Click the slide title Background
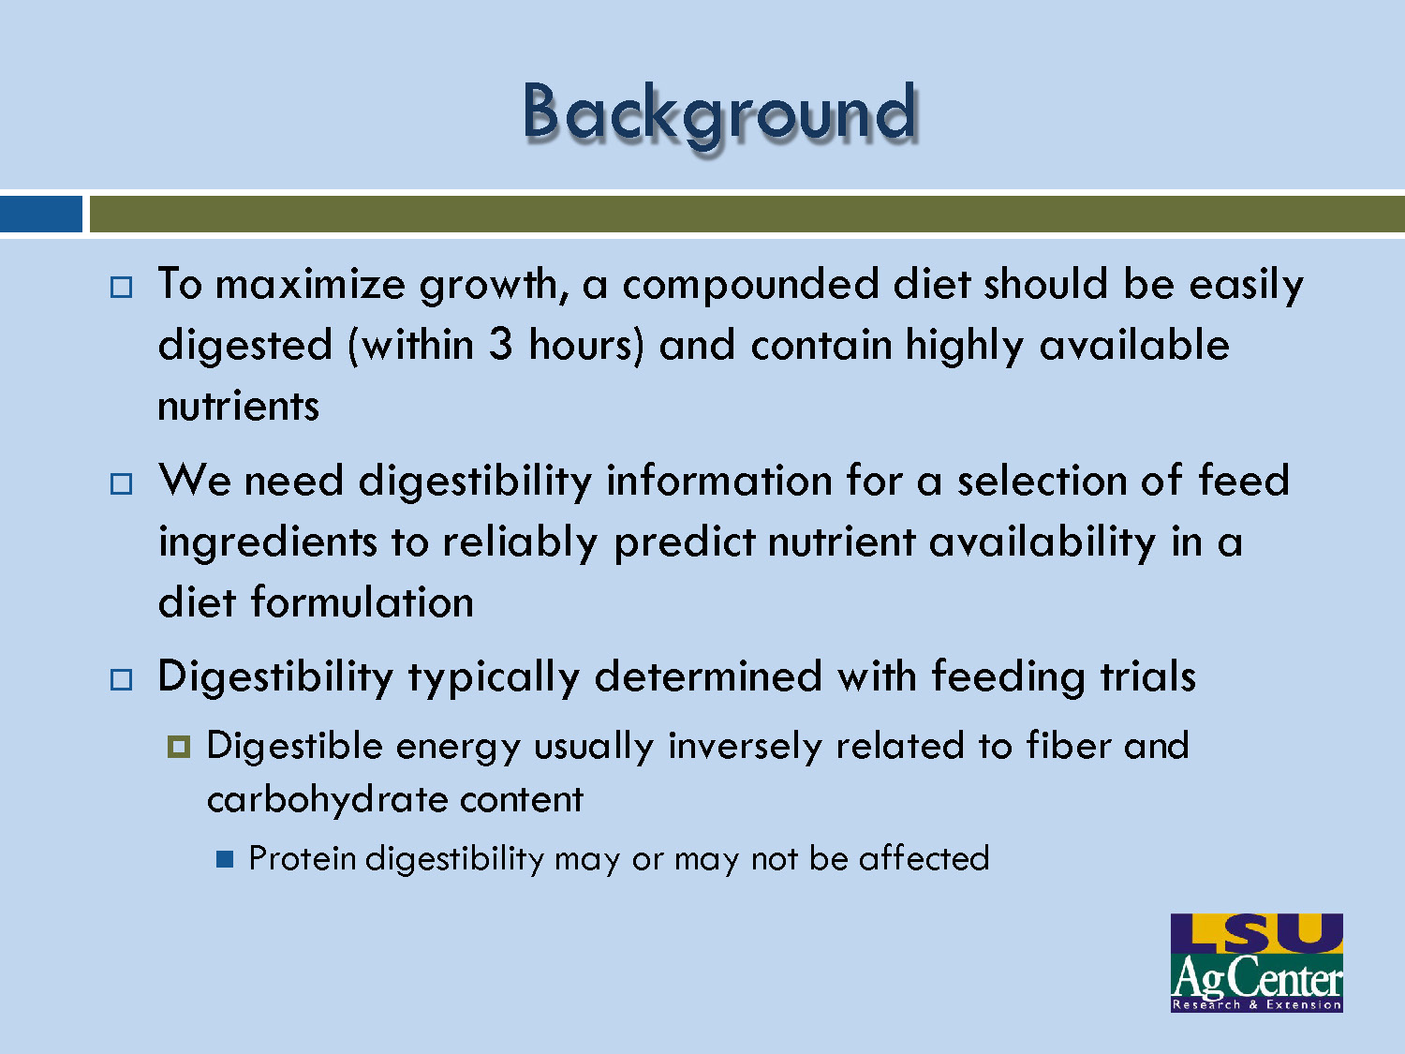tap(719, 112)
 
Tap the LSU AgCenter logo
tap(1256, 962)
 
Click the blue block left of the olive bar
tap(40, 214)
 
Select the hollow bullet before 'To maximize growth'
tap(122, 287)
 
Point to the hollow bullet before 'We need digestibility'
tap(122, 483)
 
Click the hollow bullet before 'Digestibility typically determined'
tap(122, 679)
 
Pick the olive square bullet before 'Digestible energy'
tap(178, 747)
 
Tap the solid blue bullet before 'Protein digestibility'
tap(224, 859)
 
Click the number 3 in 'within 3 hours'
tap(501, 345)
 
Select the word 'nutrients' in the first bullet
tap(238, 407)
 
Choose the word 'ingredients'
tap(266, 542)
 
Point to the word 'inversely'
tap(744, 747)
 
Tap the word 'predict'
tap(684, 542)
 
